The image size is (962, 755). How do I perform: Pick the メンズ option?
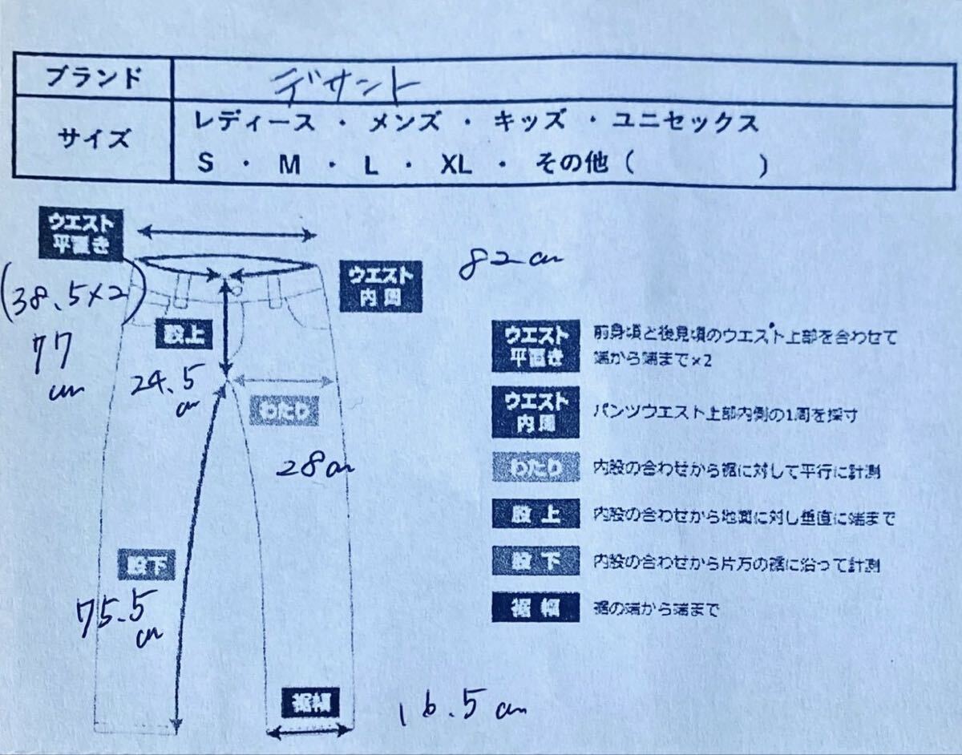point(402,123)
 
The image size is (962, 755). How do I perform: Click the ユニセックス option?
point(685,123)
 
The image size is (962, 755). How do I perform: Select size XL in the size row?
point(456,165)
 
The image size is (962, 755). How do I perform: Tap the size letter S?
point(206,165)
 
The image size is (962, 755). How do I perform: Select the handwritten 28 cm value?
point(309,466)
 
